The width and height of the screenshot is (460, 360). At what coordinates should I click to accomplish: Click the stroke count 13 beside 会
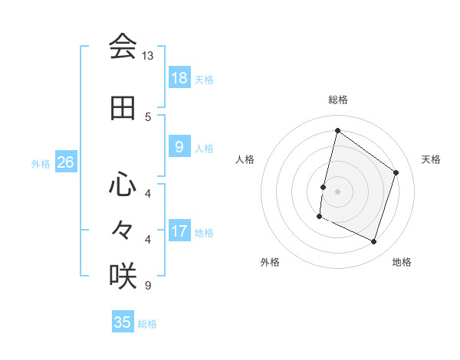tap(148, 56)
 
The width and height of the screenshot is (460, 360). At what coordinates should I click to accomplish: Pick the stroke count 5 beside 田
tap(148, 116)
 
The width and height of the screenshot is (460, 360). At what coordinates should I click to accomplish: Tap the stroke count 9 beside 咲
tap(148, 286)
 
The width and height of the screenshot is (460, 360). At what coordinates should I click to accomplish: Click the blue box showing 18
tap(179, 77)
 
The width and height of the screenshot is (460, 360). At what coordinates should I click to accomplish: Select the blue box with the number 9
tap(179, 147)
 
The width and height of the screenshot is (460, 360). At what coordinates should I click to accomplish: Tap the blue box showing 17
tap(179, 231)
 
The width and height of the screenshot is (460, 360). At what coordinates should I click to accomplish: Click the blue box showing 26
tap(65, 162)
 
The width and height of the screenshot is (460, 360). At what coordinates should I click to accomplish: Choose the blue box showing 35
tap(123, 322)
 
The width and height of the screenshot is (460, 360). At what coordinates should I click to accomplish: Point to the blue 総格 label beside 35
tap(148, 324)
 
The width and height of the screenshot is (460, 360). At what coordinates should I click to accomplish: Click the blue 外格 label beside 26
tap(41, 164)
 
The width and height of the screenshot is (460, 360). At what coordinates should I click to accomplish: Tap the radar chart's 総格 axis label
tap(337, 100)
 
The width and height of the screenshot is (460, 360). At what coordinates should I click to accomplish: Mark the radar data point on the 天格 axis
tap(396, 172)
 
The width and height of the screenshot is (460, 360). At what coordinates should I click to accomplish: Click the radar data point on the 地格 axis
tap(374, 242)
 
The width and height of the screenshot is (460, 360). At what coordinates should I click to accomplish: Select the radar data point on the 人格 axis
tap(324, 187)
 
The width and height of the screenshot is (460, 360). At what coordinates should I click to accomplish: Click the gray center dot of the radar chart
tap(337, 191)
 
